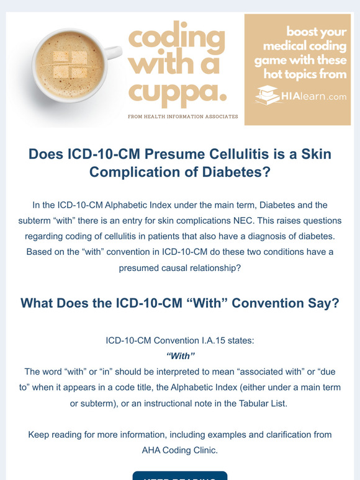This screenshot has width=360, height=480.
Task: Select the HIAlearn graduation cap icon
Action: [269, 95]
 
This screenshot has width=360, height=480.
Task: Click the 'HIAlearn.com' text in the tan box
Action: [310, 96]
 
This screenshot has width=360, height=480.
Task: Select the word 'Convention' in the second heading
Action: [245, 304]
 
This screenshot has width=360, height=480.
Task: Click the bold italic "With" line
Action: [181, 355]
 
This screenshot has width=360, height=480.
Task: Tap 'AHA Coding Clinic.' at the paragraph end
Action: [181, 450]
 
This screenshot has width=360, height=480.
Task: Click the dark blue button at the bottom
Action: [180, 475]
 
